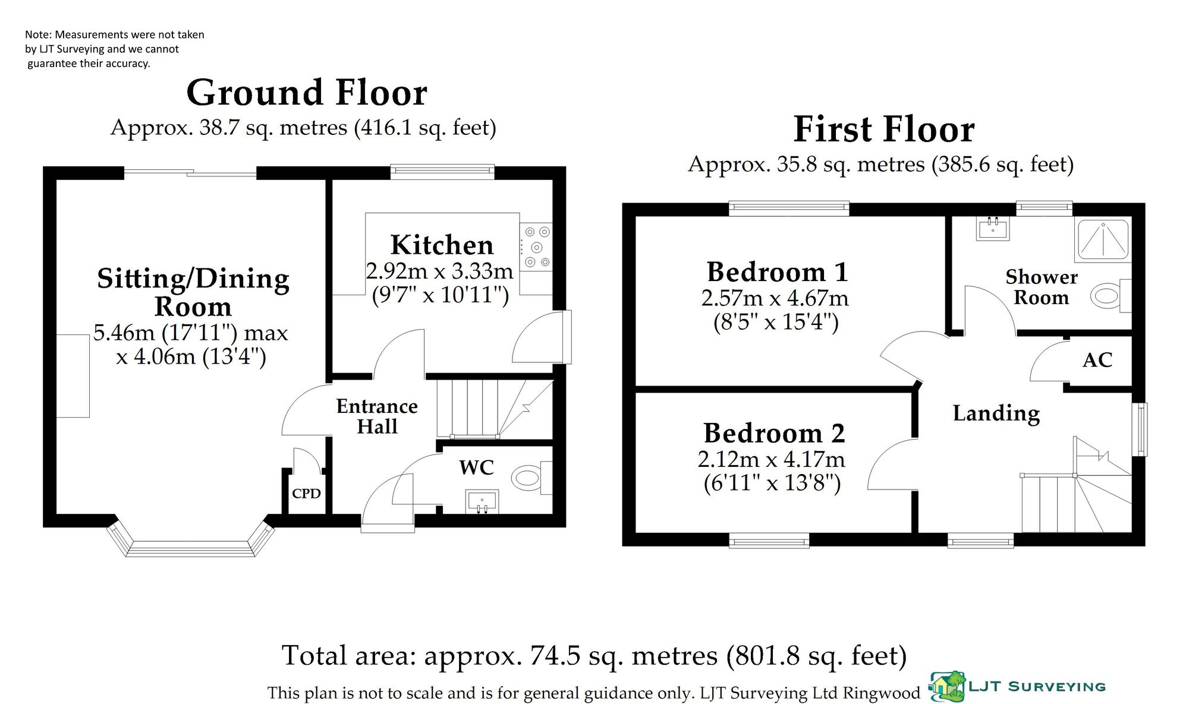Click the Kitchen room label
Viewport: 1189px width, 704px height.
tap(442, 245)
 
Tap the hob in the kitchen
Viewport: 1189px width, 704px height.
tap(536, 247)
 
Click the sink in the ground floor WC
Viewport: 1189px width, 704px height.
tap(482, 501)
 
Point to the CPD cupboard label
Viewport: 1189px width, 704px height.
tap(306, 493)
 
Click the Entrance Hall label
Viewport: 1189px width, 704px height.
tap(377, 416)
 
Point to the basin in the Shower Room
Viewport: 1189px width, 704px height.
tap(992, 228)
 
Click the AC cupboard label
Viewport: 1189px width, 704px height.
tap(1097, 360)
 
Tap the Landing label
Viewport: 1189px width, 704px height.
tap(996, 413)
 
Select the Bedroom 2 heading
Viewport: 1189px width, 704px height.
tap(774, 433)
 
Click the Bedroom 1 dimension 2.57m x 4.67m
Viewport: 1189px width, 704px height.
tap(775, 298)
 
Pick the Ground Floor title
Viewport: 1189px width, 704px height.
tap(307, 93)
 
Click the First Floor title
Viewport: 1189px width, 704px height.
tap(884, 129)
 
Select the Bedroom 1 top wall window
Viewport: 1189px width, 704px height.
tap(789, 207)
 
